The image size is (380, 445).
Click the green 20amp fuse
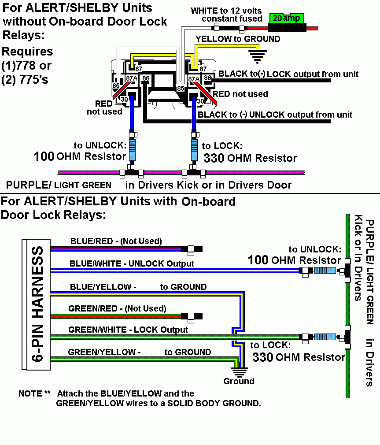coord(286,19)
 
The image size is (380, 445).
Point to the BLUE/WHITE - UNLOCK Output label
coord(132,263)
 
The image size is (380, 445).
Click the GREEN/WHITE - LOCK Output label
coord(128,330)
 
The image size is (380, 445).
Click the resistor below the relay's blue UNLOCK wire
coord(132,150)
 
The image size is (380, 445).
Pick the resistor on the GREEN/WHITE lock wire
coord(325,337)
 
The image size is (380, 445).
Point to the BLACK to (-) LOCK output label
coord(288,74)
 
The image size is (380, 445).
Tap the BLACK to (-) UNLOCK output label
coord(275,115)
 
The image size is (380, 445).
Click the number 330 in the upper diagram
coord(214,158)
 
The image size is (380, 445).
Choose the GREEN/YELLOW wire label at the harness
coord(104,352)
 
